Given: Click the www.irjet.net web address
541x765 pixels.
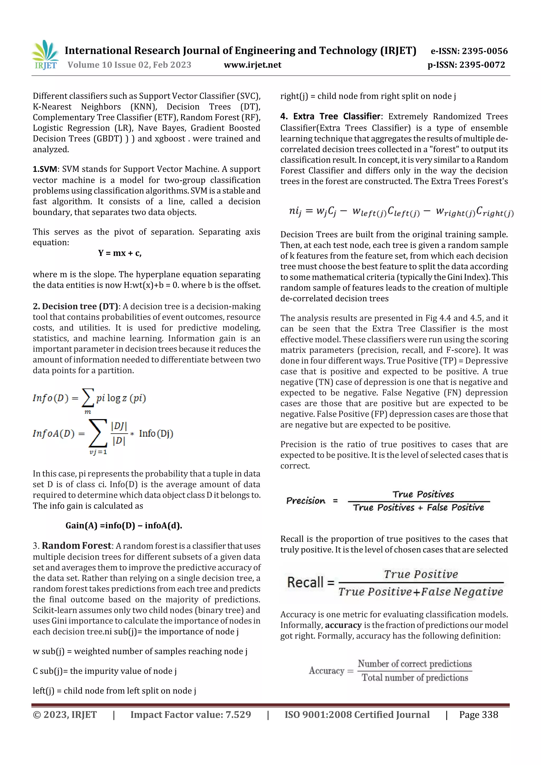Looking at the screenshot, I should click(252, 65).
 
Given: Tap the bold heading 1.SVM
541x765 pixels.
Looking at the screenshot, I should click(45, 169).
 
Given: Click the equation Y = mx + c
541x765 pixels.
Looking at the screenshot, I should click(120, 253).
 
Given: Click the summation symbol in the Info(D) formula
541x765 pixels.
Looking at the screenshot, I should click(88, 398).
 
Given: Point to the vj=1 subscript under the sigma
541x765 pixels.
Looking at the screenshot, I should click(98, 452).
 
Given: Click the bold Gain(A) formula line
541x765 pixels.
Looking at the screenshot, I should click(124, 526).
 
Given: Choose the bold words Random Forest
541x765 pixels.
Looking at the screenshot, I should click(76, 546).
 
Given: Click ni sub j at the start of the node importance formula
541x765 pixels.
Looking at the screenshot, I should click(295, 211).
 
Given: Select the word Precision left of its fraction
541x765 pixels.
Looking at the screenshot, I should click(306, 501).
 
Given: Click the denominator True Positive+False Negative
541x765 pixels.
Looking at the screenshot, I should click(420, 592).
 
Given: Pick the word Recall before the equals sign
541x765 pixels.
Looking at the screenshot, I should click(305, 583).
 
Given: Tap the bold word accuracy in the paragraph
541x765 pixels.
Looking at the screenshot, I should click(343, 625).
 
